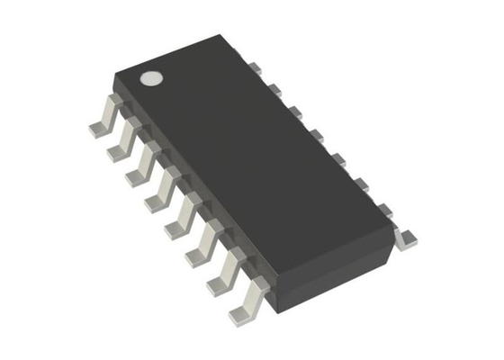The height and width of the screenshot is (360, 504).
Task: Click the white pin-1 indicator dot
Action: click(x=152, y=78)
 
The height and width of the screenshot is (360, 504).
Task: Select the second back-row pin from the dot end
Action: click(x=276, y=89)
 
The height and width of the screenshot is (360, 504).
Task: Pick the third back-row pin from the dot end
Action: click(x=296, y=112)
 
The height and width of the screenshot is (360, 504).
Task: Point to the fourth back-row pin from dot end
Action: click(x=317, y=135)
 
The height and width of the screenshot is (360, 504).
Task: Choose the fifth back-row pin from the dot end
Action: click(x=338, y=159)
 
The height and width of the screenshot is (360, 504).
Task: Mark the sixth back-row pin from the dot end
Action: click(x=360, y=184)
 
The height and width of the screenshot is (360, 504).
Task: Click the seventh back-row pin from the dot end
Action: click(x=382, y=209)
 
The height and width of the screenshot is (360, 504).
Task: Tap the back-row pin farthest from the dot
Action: click(x=405, y=236)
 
